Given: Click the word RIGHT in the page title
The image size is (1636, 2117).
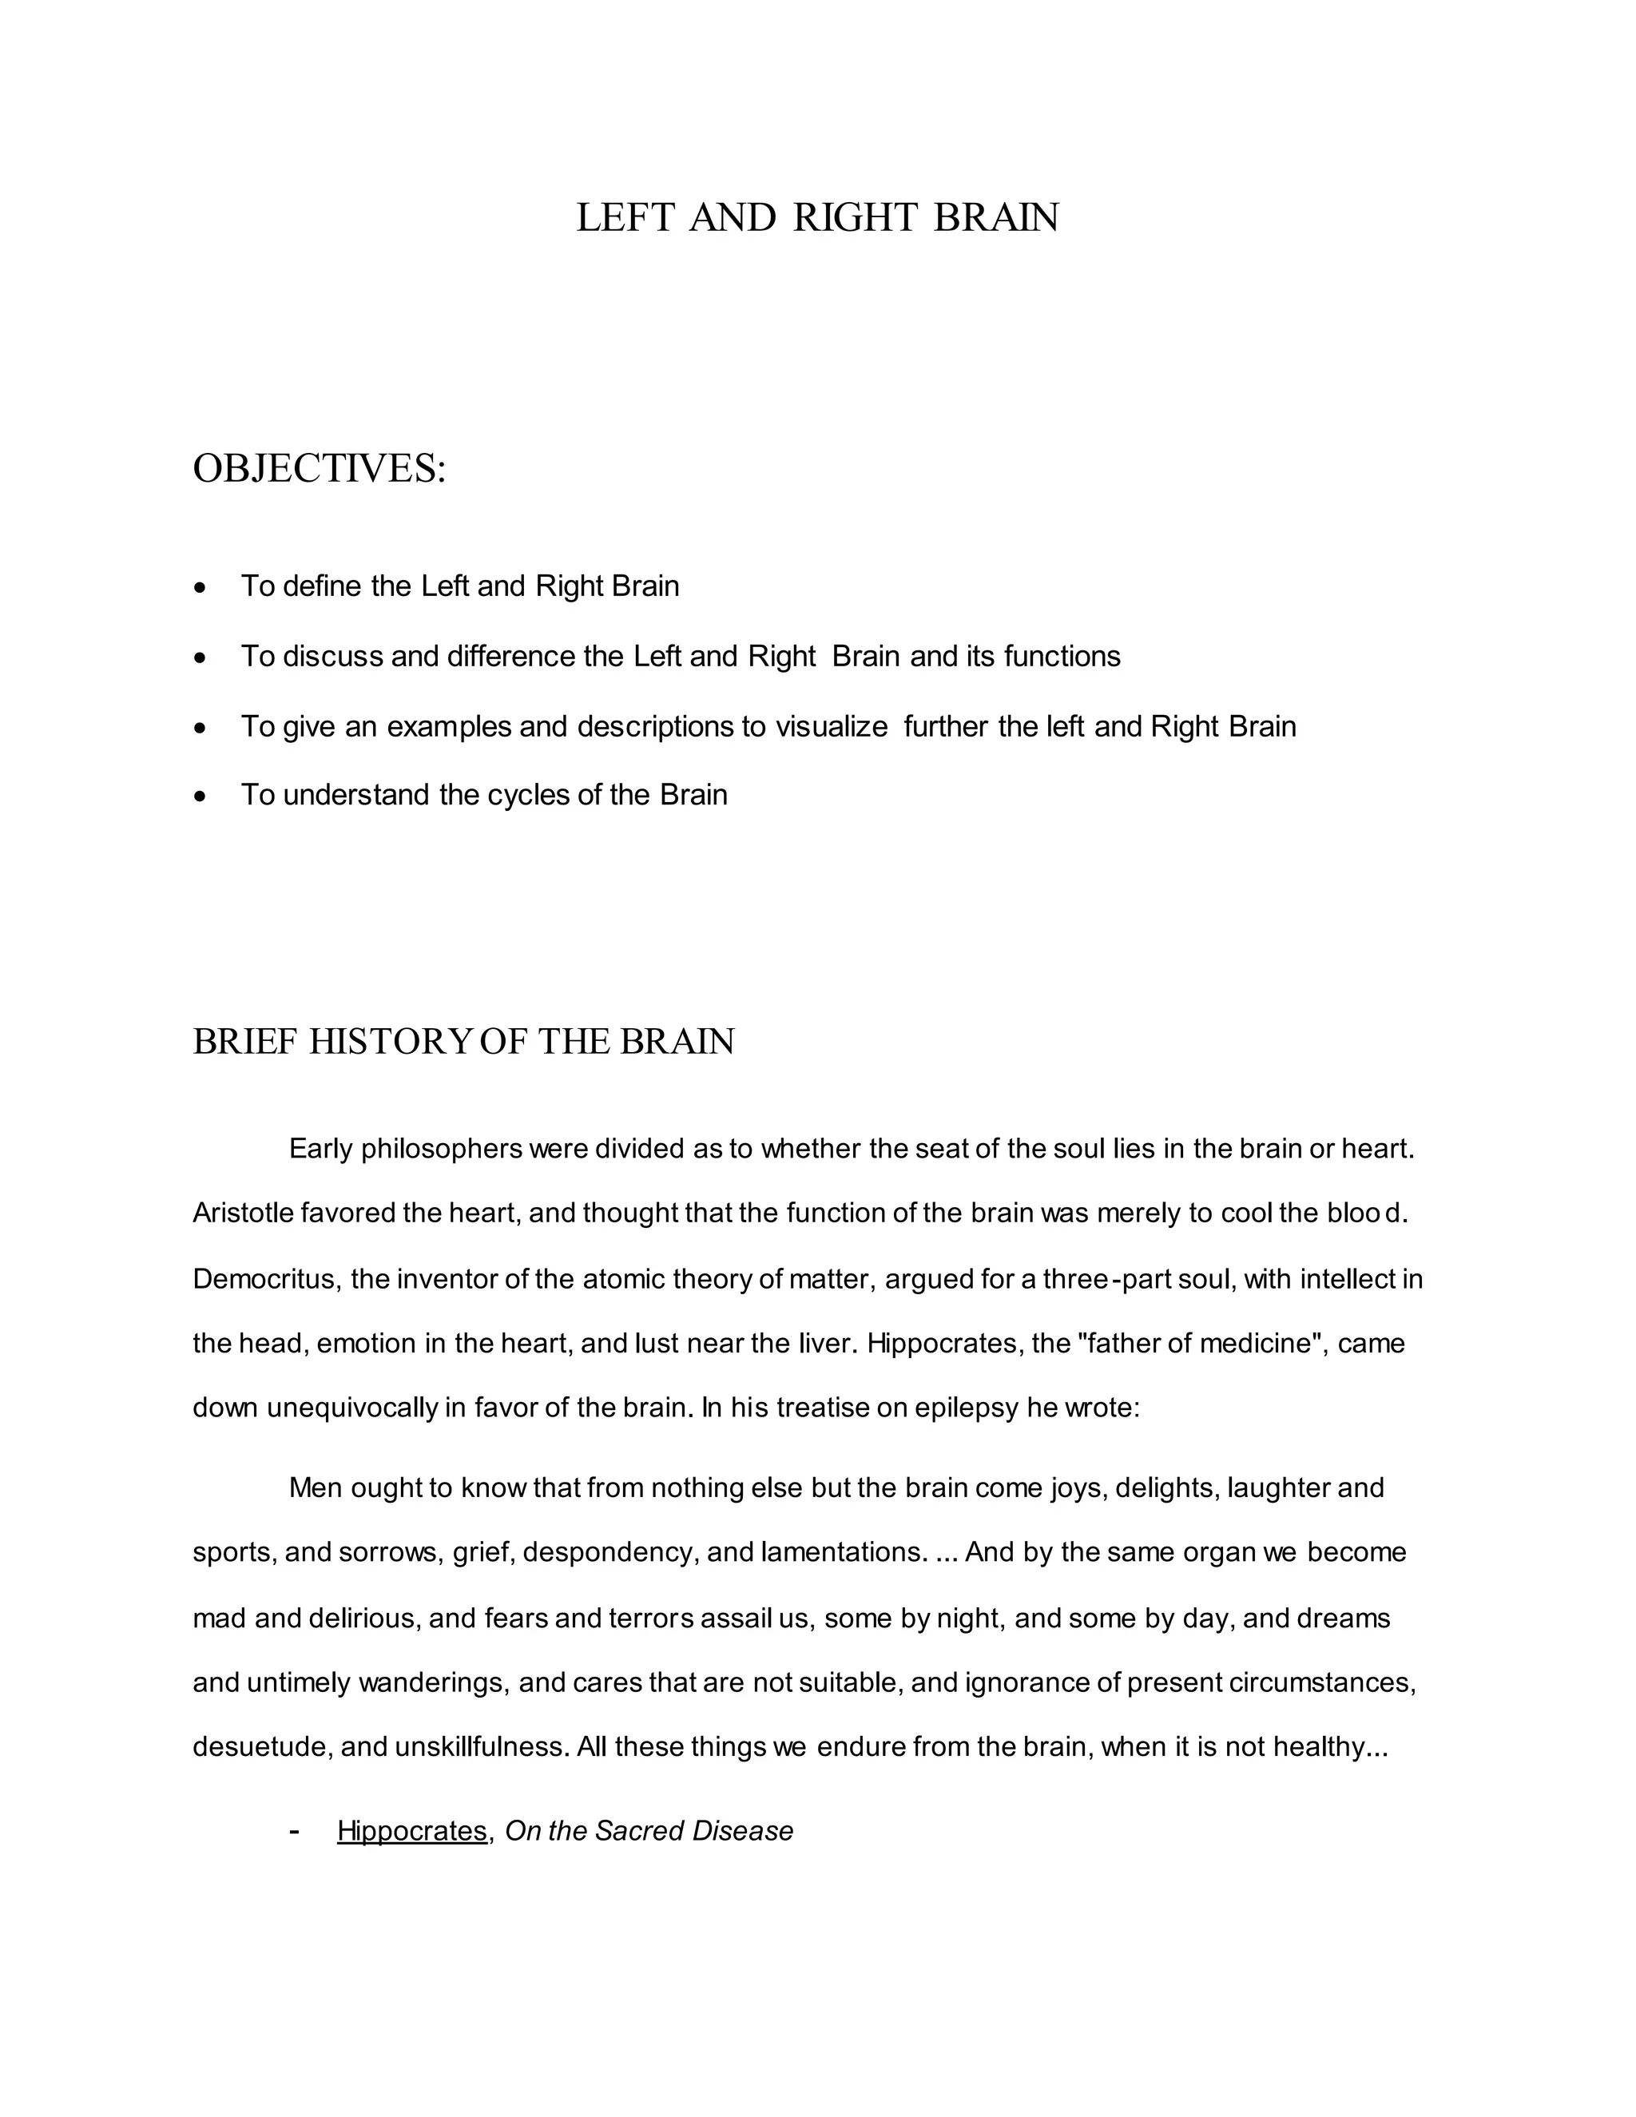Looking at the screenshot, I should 854,218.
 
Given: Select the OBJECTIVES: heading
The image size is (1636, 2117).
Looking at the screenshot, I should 319,469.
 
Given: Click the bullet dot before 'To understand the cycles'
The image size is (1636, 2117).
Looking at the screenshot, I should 201,796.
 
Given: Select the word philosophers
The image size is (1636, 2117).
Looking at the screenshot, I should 442,1150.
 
